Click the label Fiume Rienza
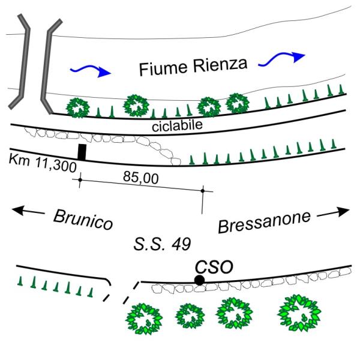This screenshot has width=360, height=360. pyautogui.click(x=193, y=66)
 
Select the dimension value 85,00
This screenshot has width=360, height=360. pyautogui.click(x=136, y=177)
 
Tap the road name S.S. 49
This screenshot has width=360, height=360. pyautogui.click(x=163, y=244)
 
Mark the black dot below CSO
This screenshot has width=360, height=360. pyautogui.click(x=199, y=280)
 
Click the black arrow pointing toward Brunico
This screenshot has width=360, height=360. pyautogui.click(x=27, y=210)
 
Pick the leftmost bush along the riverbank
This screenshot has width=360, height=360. pyautogui.click(x=77, y=107)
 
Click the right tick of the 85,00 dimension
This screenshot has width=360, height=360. pyautogui.click(x=203, y=191)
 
